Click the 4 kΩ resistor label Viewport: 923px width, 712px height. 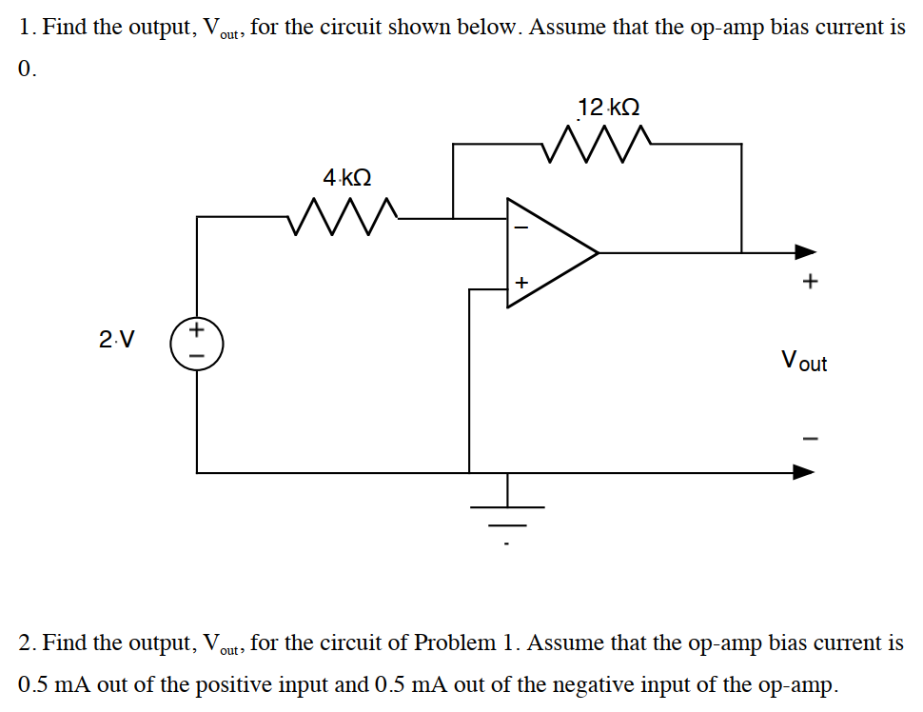[346, 178]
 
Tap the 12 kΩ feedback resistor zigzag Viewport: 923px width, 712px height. [597, 144]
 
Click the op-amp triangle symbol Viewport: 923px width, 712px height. [547, 253]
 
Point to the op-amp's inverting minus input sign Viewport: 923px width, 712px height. [520, 227]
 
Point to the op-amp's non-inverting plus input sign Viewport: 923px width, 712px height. [520, 282]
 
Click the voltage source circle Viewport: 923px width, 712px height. [196, 343]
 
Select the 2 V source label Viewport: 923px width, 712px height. [116, 339]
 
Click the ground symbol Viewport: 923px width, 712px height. [507, 519]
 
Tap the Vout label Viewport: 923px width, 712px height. [803, 361]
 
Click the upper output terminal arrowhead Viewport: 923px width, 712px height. [806, 252]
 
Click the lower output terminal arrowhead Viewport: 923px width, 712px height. [806, 471]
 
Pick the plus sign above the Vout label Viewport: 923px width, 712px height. [810, 282]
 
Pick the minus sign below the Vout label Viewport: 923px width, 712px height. [810, 438]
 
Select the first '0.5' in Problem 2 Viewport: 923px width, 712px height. [34, 683]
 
